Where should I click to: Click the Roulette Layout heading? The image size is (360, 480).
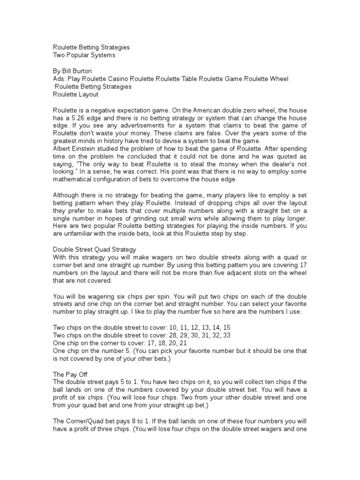tap(75, 94)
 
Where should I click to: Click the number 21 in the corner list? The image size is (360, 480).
tap(173, 344)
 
